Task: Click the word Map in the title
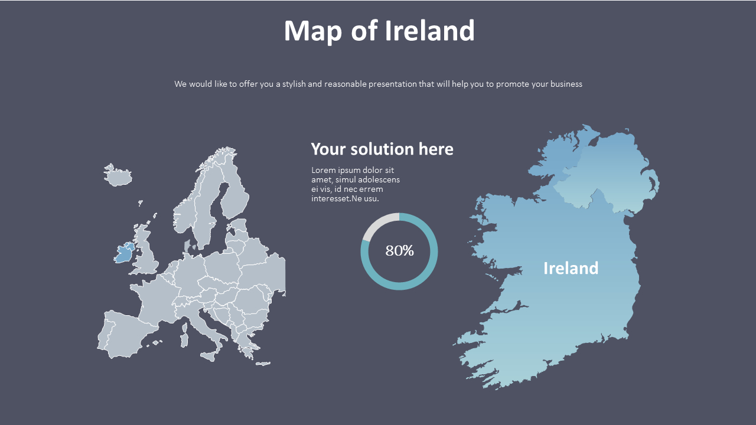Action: (312, 31)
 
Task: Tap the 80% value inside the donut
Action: (399, 251)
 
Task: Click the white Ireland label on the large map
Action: (571, 268)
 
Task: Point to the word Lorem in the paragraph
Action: (323, 170)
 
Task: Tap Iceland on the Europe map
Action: (119, 176)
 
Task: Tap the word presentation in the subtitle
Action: (392, 84)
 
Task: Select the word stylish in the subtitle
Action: (293, 84)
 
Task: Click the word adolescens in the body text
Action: (380, 179)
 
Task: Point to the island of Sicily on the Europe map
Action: (208, 356)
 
